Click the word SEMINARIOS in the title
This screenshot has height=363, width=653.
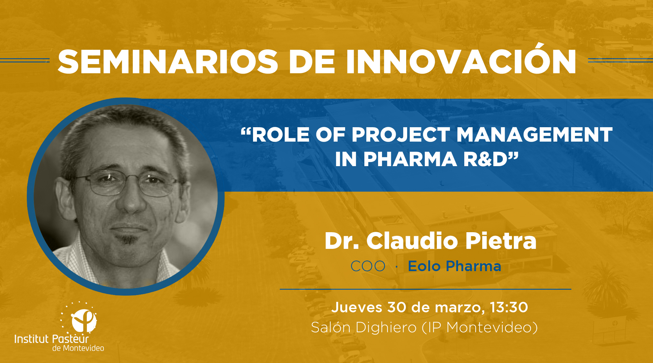click(168, 62)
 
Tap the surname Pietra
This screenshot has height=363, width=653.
click(501, 241)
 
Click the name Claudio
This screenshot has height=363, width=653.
click(412, 241)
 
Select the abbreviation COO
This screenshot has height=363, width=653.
click(368, 266)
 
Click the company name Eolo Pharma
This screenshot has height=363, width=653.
click(454, 266)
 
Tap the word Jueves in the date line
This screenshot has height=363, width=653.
click(357, 307)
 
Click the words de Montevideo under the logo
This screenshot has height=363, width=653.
click(78, 348)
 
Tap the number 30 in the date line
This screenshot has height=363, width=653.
click(397, 307)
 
